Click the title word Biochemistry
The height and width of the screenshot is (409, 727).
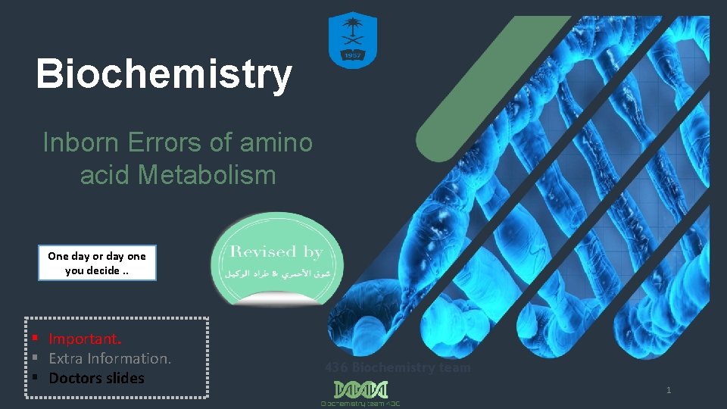(x=164, y=74)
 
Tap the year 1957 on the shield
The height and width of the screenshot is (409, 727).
(x=352, y=54)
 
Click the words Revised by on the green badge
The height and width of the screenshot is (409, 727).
(x=276, y=252)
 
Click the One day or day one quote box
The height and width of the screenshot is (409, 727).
(x=97, y=263)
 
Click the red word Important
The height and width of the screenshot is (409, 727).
(x=85, y=339)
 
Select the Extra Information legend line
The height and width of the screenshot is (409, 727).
(x=110, y=358)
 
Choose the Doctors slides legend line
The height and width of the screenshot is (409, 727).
(x=96, y=378)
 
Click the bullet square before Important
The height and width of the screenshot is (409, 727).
(x=35, y=338)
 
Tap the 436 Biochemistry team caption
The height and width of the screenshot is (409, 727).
(x=398, y=368)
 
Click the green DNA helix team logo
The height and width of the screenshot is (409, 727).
(x=360, y=389)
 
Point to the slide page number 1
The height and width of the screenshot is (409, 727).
(x=669, y=390)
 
